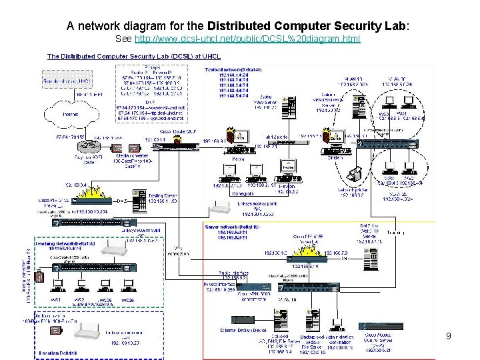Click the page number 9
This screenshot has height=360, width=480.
click(449, 336)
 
